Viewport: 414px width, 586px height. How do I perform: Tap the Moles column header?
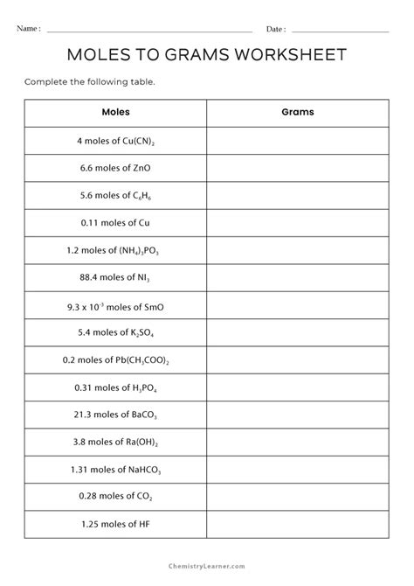[x=115, y=113]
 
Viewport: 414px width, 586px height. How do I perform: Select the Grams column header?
[x=298, y=113]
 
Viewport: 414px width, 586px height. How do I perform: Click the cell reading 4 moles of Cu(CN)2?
[x=115, y=141]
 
